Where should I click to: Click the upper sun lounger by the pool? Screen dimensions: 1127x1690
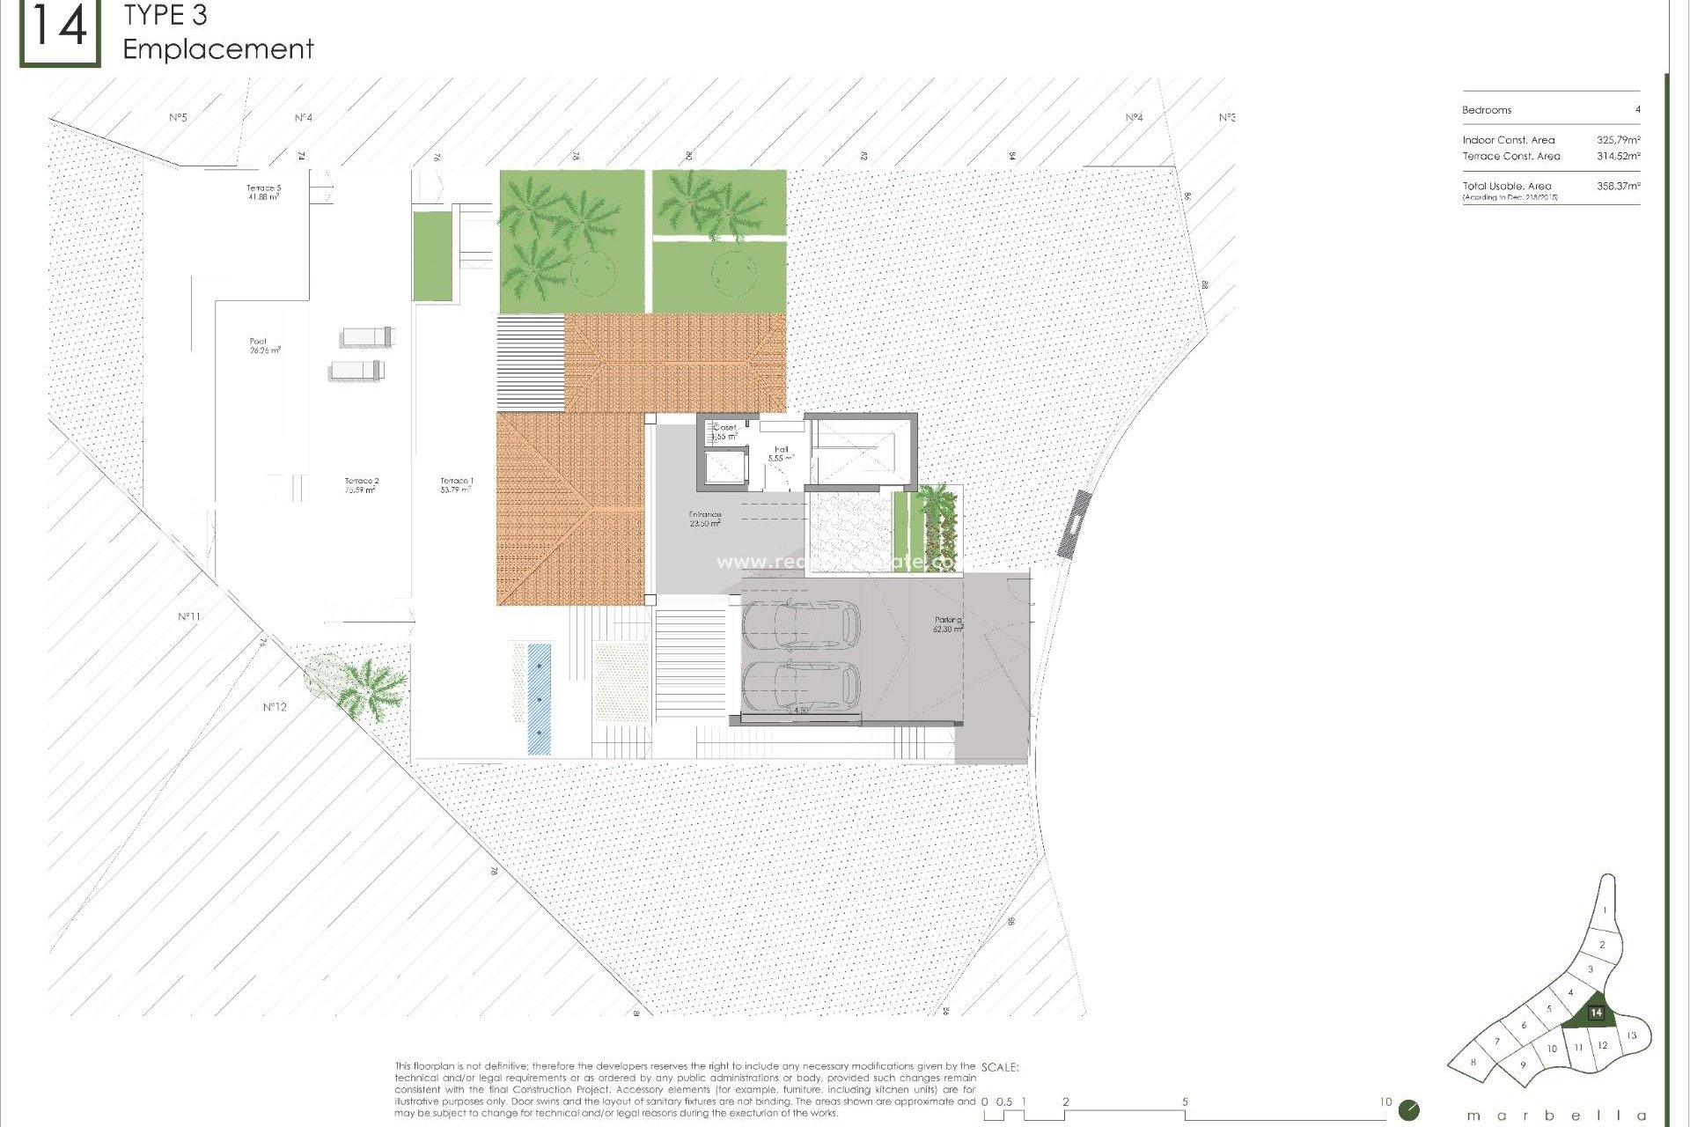(368, 336)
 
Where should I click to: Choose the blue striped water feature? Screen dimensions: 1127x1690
(539, 698)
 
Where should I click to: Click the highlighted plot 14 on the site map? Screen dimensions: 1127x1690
(1595, 1013)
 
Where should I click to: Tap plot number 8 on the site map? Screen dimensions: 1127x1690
(1473, 1063)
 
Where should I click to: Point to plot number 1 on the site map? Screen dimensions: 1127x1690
(1605, 910)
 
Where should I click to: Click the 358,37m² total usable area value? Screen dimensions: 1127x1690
(1618, 186)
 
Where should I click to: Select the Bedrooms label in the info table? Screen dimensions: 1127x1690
(1487, 110)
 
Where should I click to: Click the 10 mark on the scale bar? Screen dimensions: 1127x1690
(1385, 1101)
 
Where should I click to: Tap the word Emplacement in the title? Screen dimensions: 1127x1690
(218, 49)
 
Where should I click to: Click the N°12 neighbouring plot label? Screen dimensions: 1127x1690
(275, 707)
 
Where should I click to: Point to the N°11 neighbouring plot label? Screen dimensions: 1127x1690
(189, 616)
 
